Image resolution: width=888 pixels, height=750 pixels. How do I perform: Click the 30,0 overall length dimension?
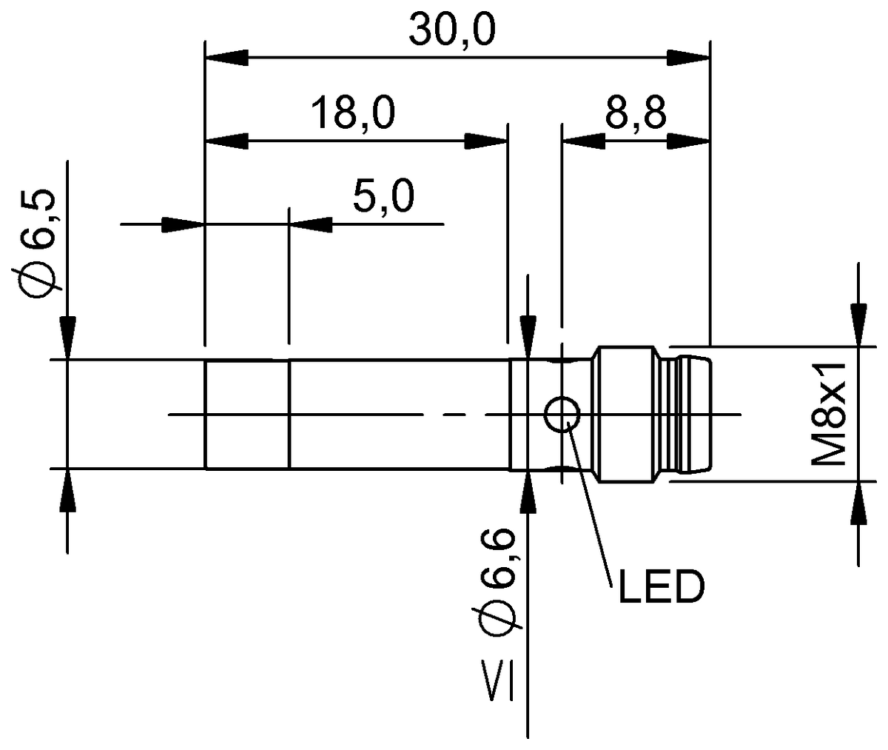click(453, 30)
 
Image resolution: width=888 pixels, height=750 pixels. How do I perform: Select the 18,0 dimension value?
click(353, 114)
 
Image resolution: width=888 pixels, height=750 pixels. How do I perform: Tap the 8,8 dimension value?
click(636, 114)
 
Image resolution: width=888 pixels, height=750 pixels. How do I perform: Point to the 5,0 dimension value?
click(383, 198)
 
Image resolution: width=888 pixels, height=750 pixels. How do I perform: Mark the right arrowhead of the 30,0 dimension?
click(688, 56)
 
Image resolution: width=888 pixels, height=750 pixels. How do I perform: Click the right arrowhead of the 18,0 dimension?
click(486, 140)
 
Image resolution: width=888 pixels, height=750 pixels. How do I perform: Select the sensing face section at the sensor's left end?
click(247, 415)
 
